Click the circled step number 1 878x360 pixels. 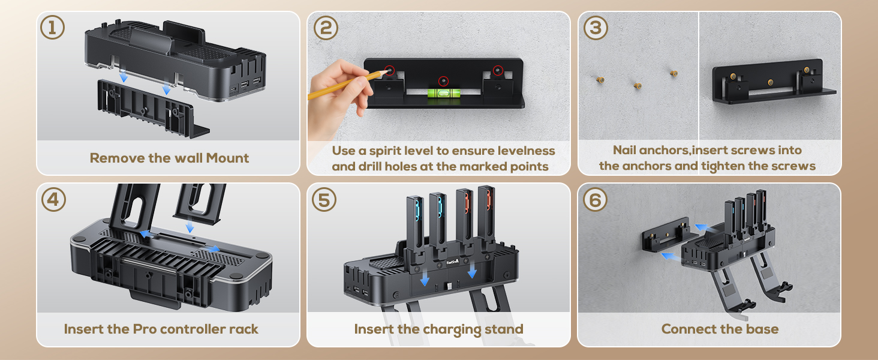tap(53, 28)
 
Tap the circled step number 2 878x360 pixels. tap(326, 28)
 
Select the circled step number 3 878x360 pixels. tap(596, 28)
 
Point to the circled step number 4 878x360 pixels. tap(53, 200)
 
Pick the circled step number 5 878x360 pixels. tap(324, 200)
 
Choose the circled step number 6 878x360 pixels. tap(595, 200)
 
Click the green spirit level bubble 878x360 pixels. tap(443, 94)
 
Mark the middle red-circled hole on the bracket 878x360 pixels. tap(443, 81)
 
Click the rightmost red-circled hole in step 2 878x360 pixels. tap(498, 71)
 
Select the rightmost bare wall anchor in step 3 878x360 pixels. tap(673, 73)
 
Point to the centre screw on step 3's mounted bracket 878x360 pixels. tap(770, 82)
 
